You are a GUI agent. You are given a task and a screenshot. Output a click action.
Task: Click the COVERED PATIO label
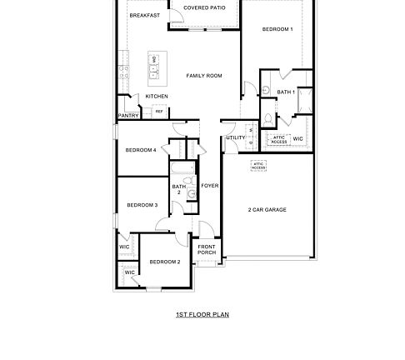[x=204, y=8]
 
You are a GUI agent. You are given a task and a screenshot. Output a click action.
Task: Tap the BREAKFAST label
[x=144, y=15]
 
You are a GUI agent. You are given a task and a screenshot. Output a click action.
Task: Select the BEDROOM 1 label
[x=277, y=29]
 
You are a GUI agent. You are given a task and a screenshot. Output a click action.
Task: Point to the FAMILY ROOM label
[x=204, y=76]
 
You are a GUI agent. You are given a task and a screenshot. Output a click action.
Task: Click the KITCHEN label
[x=157, y=96]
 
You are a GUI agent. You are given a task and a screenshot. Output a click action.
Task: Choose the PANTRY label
[x=128, y=116]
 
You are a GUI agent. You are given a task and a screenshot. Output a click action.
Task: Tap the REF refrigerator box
[x=158, y=111]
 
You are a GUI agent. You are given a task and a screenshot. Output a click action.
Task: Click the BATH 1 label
[x=286, y=92]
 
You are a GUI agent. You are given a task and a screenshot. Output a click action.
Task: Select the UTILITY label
[x=236, y=137]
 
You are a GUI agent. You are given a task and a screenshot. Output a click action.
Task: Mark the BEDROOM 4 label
[x=141, y=150]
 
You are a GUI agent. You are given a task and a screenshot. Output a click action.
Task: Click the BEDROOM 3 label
[x=142, y=205]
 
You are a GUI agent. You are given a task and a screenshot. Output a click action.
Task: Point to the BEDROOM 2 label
[x=164, y=262]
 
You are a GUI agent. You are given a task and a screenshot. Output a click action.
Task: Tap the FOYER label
[x=210, y=185]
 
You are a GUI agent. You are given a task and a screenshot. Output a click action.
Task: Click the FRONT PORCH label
[x=207, y=249]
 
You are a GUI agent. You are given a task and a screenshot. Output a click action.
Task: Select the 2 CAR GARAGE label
[x=267, y=210]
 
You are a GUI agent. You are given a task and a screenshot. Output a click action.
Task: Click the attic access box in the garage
[x=258, y=166]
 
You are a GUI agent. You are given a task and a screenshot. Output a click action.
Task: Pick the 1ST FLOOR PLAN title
[x=202, y=315]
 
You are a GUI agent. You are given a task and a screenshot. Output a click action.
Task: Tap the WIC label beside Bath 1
[x=297, y=138]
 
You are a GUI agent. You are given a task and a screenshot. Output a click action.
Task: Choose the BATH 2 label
[x=178, y=189]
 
